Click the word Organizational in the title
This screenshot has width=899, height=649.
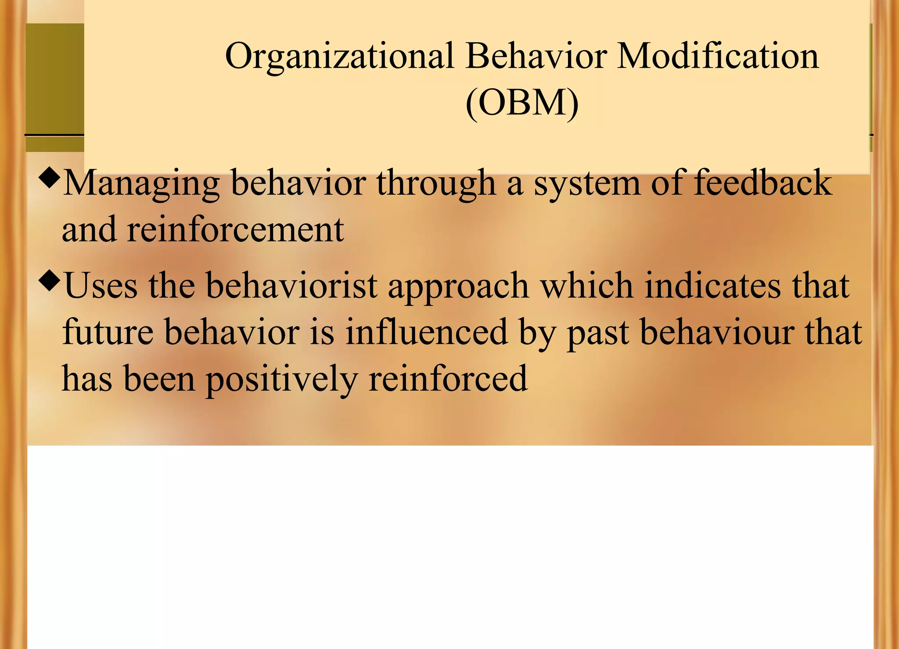click(x=339, y=57)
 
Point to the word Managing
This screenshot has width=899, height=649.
click(x=141, y=184)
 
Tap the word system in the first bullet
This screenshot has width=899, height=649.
click(x=587, y=184)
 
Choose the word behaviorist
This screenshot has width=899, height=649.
click(x=291, y=286)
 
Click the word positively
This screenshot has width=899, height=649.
click(x=281, y=380)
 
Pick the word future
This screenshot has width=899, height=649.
click(x=108, y=332)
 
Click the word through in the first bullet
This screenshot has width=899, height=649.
click(x=436, y=184)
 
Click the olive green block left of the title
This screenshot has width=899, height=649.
click(x=54, y=79)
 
